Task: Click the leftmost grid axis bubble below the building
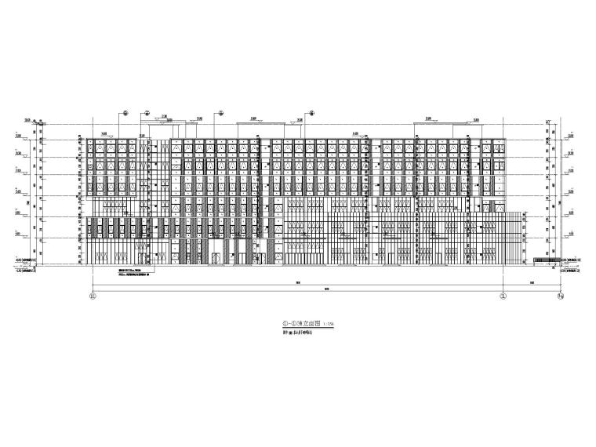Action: (93, 296)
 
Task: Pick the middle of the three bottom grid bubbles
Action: (502, 296)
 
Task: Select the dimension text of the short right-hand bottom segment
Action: (531, 282)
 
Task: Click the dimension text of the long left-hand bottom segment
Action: (298, 282)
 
